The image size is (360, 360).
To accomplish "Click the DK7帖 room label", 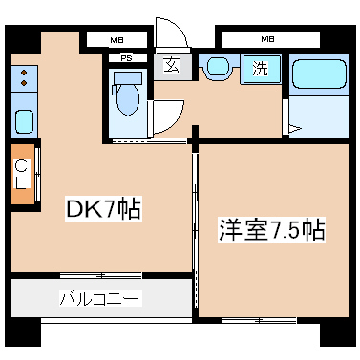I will click(102, 209).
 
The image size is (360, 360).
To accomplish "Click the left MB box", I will click(116, 40).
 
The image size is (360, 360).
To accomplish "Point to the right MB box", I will click(267, 40).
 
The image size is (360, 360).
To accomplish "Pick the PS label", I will click(126, 58).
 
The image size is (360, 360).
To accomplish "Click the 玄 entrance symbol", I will click(171, 65).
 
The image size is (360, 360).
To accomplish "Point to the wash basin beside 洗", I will click(219, 67).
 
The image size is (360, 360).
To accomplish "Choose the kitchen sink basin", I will click(24, 121).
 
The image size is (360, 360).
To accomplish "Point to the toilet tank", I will click(126, 76).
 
